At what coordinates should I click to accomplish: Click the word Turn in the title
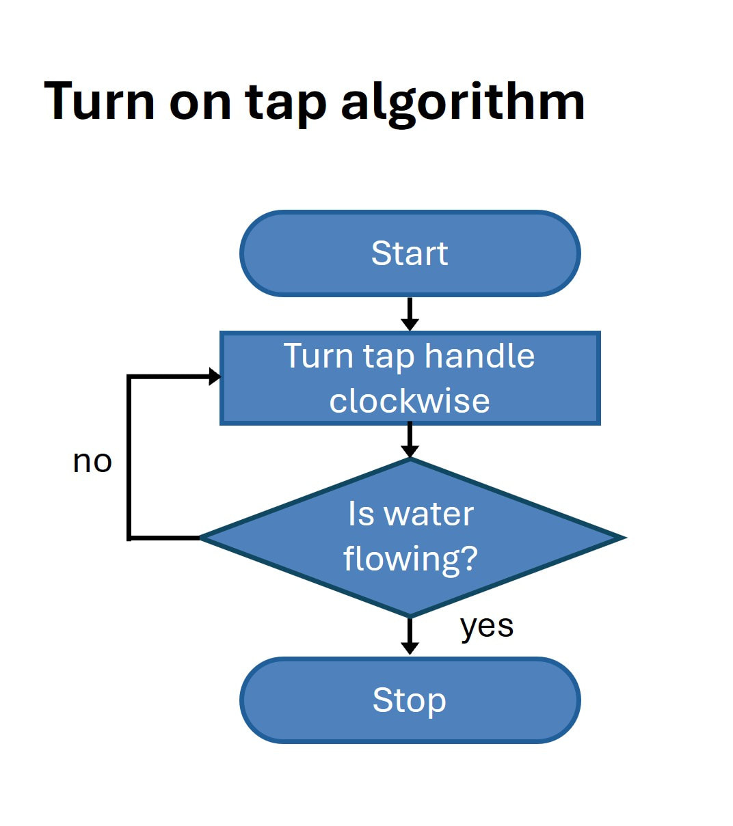100,101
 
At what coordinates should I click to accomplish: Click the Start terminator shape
410,253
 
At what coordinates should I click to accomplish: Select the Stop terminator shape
410,700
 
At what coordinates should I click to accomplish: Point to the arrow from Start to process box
410,314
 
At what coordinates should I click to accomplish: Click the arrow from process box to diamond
410,440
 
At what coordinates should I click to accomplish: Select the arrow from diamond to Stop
410,635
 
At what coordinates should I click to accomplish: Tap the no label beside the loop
92,462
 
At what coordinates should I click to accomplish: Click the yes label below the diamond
487,626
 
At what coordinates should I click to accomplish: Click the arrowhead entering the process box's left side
215,376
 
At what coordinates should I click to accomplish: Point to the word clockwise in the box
410,401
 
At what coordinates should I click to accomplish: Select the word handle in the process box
479,356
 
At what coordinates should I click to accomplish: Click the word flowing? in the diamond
410,560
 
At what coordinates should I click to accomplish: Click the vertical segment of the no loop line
129,458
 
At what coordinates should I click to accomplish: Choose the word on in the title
200,104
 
